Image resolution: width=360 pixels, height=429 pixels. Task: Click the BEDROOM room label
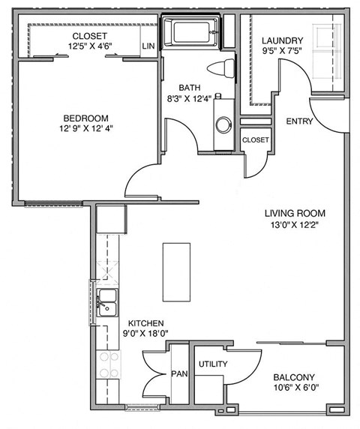tap(85, 118)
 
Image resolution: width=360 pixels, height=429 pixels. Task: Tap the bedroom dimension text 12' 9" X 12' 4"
tap(85, 130)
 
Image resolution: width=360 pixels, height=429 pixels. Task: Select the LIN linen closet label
tap(148, 46)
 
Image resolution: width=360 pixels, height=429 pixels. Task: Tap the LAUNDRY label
tap(282, 40)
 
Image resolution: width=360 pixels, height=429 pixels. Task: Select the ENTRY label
tap(299, 121)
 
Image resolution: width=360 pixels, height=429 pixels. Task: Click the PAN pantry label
tap(178, 373)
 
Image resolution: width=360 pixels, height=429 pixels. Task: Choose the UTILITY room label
tap(213, 364)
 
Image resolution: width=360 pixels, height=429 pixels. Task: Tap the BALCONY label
tap(294, 377)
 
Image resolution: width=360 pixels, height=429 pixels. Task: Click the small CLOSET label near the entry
tap(255, 139)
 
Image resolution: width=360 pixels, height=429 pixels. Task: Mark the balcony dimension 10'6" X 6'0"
tap(294, 389)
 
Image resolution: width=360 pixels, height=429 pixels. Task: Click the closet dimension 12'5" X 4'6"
tap(89, 46)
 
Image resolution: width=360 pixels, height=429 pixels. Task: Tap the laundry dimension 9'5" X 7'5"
tap(282, 52)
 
